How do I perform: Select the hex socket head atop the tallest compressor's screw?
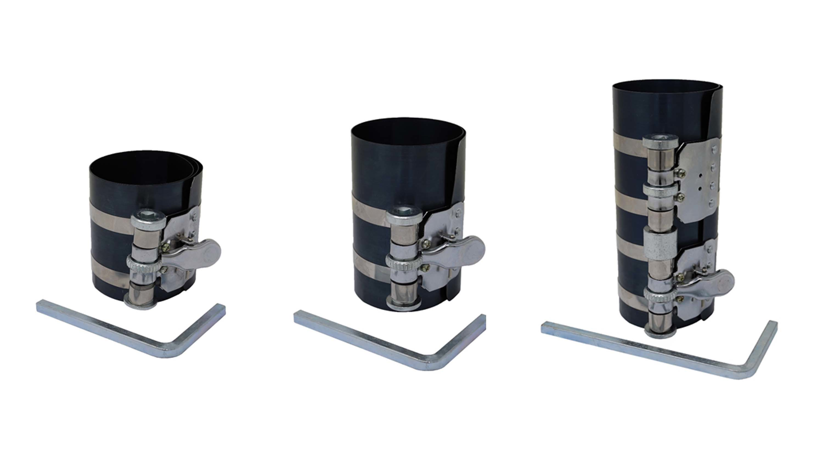pos(660,144)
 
